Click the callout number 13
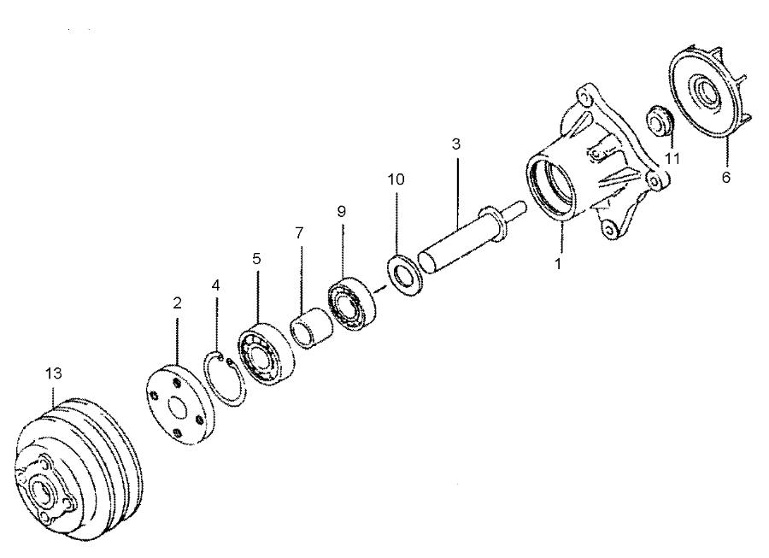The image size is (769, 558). [x=53, y=373]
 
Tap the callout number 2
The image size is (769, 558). [x=177, y=302]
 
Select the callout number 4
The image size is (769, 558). [x=216, y=285]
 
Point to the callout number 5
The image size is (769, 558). [x=255, y=257]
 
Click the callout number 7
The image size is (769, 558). [x=299, y=233]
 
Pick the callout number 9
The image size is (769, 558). [x=342, y=209]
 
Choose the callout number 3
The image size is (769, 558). [x=456, y=144]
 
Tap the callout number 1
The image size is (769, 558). [x=558, y=264]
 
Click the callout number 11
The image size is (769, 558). [x=673, y=159]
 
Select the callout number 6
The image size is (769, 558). [x=727, y=179]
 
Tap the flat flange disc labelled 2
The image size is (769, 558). [x=178, y=404]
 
